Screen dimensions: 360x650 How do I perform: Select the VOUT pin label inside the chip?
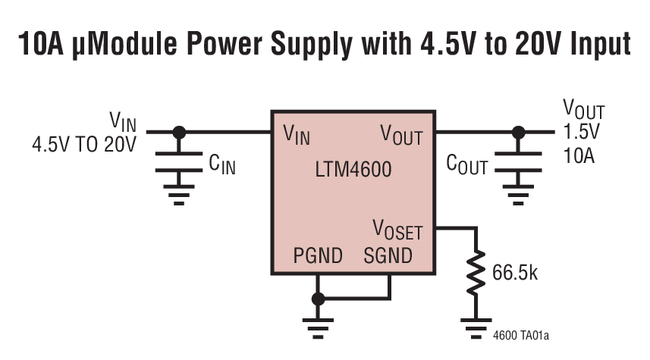click(x=401, y=136)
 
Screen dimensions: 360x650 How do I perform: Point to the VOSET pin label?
click(x=397, y=230)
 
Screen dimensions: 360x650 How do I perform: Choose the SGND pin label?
click(x=388, y=255)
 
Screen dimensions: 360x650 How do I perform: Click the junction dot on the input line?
click(x=179, y=131)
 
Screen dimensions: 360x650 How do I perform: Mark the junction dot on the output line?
click(x=518, y=131)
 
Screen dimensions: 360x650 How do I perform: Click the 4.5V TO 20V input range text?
click(x=83, y=144)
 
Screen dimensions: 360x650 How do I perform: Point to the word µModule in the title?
click(x=130, y=45)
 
